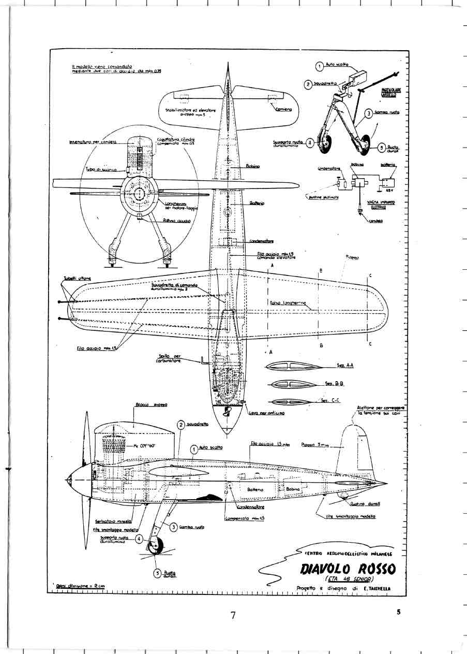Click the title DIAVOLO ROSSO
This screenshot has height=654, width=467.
[x=347, y=569]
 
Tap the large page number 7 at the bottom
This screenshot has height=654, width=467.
[x=233, y=615]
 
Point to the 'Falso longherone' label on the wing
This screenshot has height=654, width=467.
[x=288, y=303]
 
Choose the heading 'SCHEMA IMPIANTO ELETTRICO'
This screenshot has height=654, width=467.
[x=381, y=205]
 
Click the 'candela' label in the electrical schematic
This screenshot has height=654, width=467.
[x=376, y=221]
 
